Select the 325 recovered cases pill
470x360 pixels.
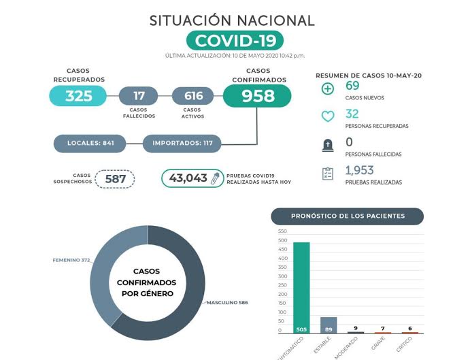pyautogui.click(x=78, y=96)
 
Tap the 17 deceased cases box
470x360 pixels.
pyautogui.click(x=139, y=96)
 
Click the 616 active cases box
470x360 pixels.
pyautogui.click(x=193, y=96)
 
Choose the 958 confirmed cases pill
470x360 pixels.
pyautogui.click(x=257, y=96)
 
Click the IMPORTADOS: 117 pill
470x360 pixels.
pyautogui.click(x=182, y=144)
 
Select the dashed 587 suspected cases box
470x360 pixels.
pyautogui.click(x=114, y=179)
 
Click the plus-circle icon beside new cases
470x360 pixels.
pyautogui.click(x=328, y=89)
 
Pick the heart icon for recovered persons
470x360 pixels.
pyautogui.click(x=328, y=117)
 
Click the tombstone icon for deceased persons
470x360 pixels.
pyautogui.click(x=328, y=145)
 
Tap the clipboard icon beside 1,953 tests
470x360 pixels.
pyautogui.click(x=328, y=174)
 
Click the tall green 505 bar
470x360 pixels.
pyautogui.click(x=301, y=287)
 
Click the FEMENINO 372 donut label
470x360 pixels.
pyautogui.click(x=71, y=260)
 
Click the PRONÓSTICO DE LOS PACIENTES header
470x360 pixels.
pyautogui.click(x=348, y=216)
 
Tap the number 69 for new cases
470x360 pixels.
pyautogui.click(x=352, y=85)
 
